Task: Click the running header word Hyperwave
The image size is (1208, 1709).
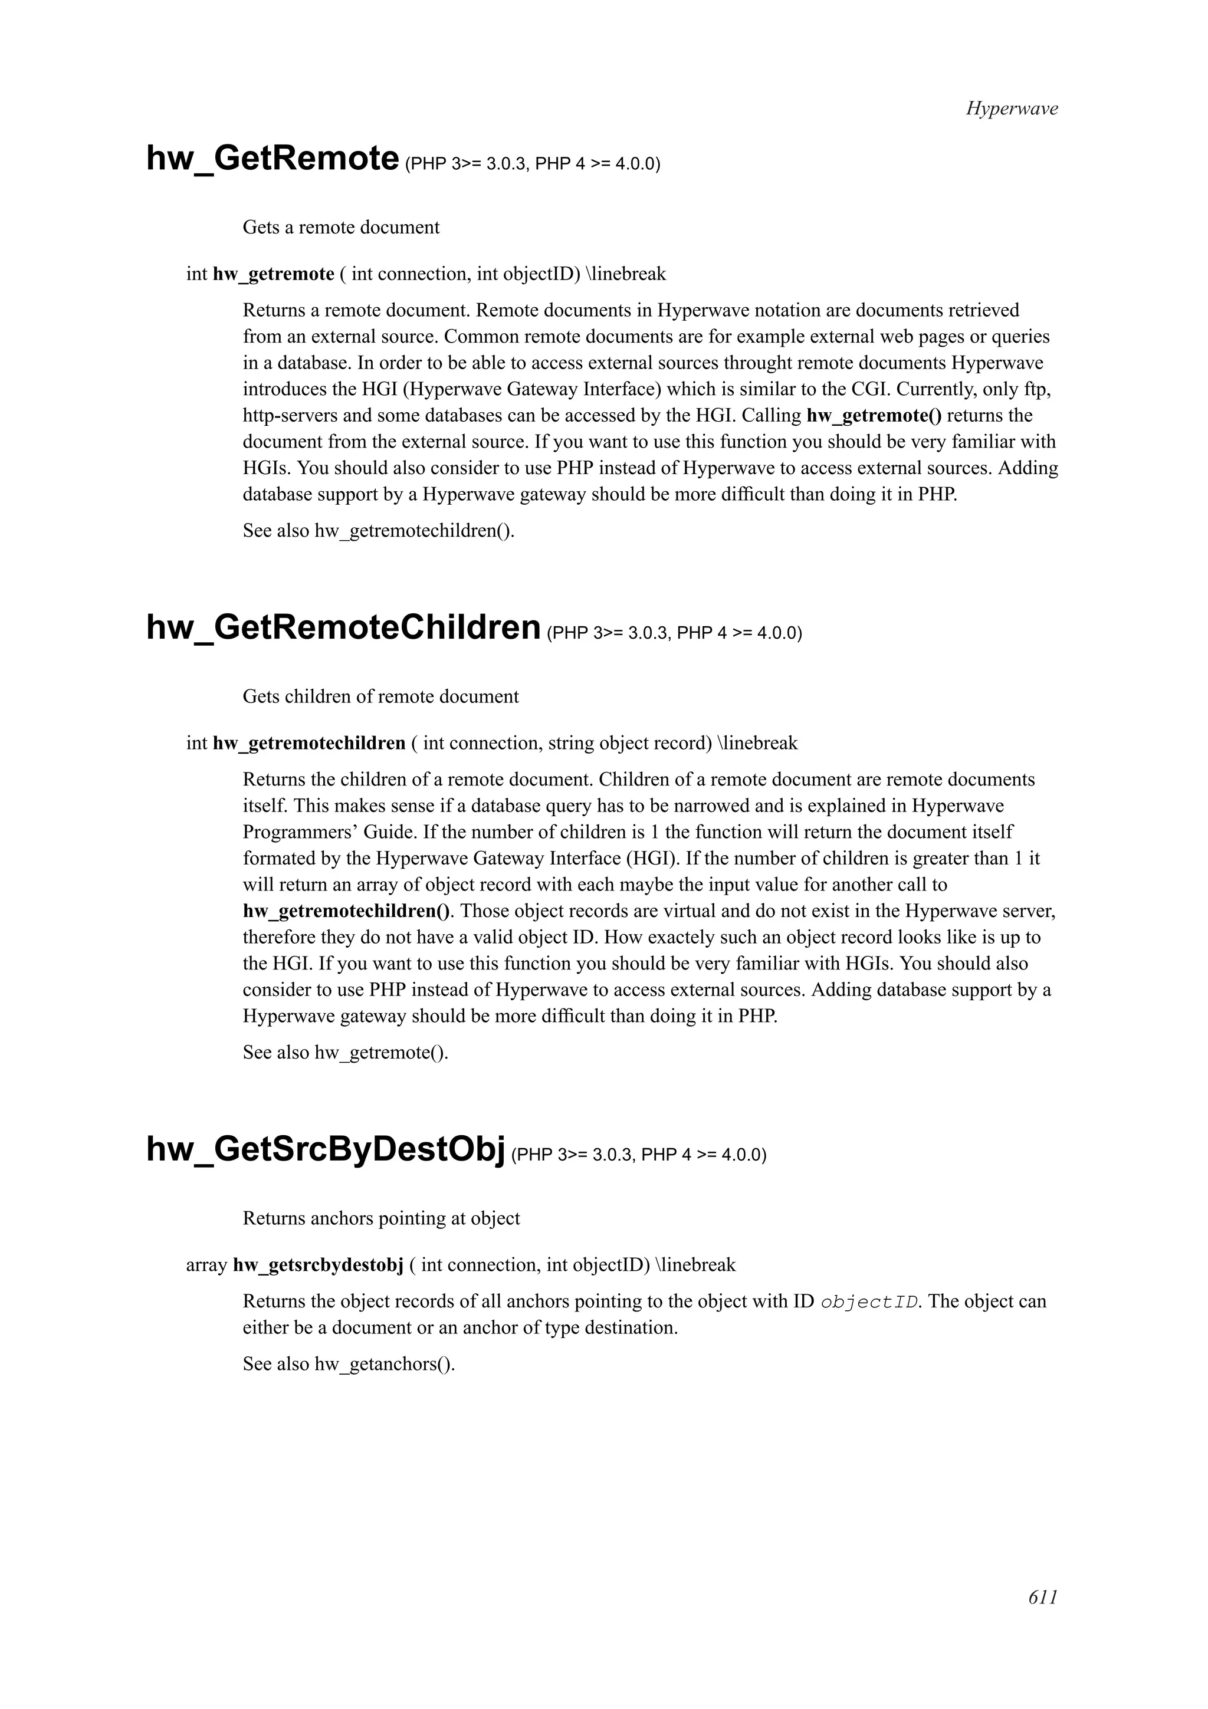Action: pyautogui.click(x=1012, y=109)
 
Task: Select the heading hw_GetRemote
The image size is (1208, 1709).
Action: pyautogui.click(x=273, y=159)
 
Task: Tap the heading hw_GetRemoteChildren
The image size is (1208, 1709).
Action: pyautogui.click(x=343, y=627)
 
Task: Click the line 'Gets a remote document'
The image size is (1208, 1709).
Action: pyautogui.click(x=341, y=227)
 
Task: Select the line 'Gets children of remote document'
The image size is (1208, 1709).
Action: pyautogui.click(x=380, y=696)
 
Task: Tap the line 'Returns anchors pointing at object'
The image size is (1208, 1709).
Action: pyautogui.click(x=381, y=1218)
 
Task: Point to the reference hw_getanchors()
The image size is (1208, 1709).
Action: pyautogui.click(x=384, y=1365)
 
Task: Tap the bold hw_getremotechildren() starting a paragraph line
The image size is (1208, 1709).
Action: pyautogui.click(x=347, y=911)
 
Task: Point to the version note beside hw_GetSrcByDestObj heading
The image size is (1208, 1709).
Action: pyautogui.click(x=639, y=1155)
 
